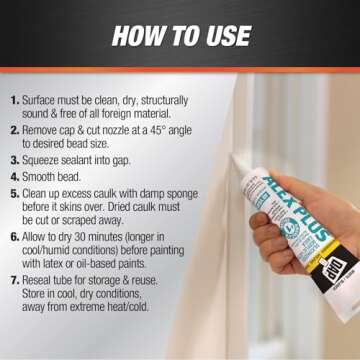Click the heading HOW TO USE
coord(180,36)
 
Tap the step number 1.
coord(15,102)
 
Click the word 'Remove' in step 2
coord(45,130)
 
